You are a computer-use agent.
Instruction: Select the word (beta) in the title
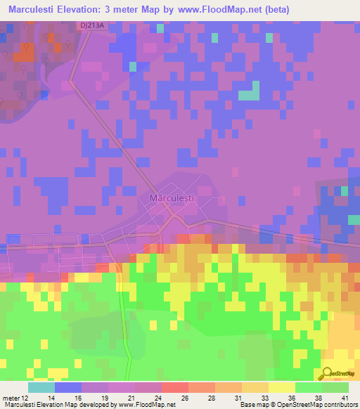click(288, 10)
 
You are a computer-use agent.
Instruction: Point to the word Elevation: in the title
click(88, 10)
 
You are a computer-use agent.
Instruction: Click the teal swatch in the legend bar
click(41, 387)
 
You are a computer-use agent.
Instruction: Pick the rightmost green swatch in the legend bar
click(335, 387)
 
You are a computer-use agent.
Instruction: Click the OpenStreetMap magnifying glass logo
click(328, 373)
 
